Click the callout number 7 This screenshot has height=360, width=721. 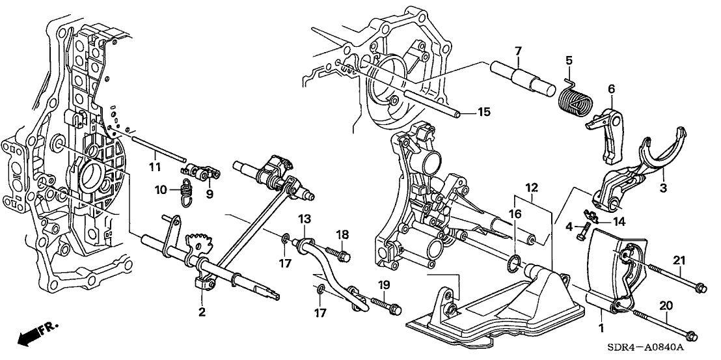(518, 51)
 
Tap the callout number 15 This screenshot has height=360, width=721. (483, 113)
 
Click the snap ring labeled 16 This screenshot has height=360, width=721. (514, 263)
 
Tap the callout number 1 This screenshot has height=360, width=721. (599, 323)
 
